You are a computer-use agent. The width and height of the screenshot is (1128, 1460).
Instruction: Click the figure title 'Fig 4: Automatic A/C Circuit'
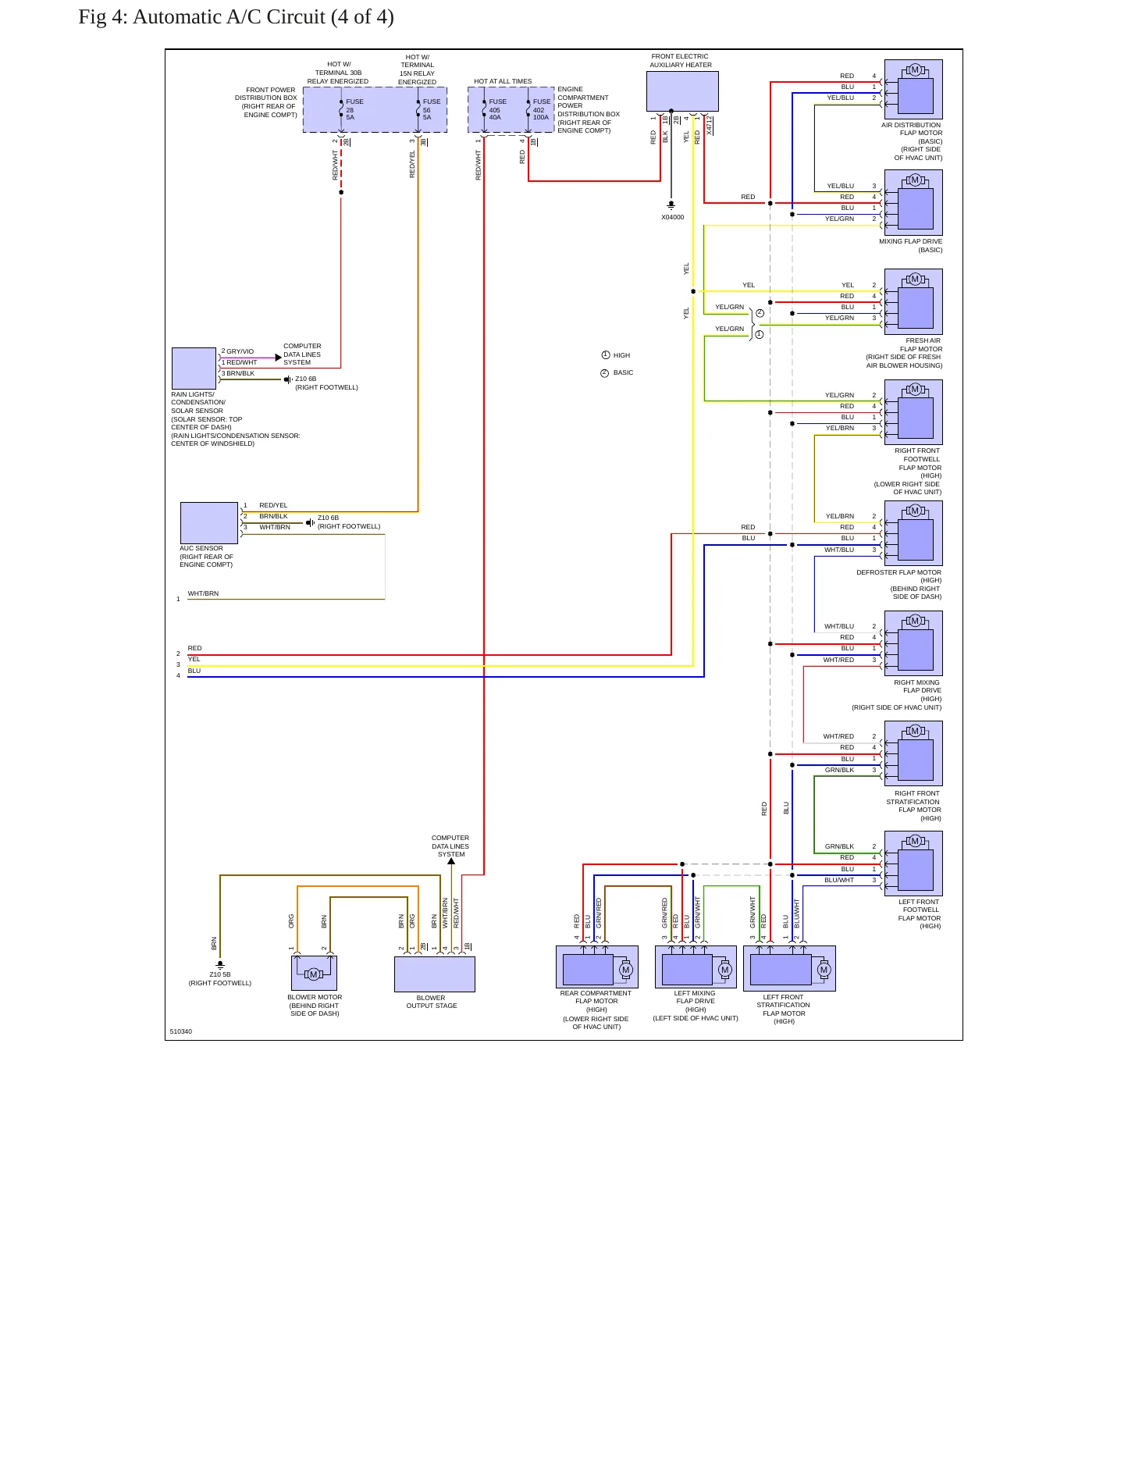(201, 17)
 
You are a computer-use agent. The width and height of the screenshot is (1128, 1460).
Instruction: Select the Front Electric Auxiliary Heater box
(682, 91)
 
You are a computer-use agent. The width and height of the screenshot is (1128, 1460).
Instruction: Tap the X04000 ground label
(672, 217)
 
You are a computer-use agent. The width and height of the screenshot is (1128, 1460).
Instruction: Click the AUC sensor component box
(209, 523)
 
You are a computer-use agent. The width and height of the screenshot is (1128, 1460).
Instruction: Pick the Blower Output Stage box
(435, 974)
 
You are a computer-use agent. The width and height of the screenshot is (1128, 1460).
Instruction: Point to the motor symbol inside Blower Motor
(314, 974)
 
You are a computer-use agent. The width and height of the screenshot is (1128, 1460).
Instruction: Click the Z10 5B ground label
(220, 974)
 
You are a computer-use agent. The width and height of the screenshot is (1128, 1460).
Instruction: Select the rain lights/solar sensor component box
(194, 368)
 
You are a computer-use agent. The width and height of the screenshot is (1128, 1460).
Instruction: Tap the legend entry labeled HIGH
(616, 355)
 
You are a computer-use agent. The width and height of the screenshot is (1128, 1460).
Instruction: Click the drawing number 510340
(181, 1031)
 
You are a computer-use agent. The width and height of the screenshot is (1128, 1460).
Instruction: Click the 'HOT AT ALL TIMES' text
(503, 81)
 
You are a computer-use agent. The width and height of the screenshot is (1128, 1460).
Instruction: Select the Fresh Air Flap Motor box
(913, 302)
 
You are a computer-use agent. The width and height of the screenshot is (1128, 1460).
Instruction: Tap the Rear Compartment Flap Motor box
(597, 967)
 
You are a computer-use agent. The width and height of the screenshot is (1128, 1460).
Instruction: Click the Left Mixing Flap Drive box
(696, 967)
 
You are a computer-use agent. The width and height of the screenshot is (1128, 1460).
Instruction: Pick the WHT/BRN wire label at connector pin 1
(203, 593)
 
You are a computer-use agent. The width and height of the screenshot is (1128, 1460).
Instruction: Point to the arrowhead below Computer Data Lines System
(451, 861)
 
